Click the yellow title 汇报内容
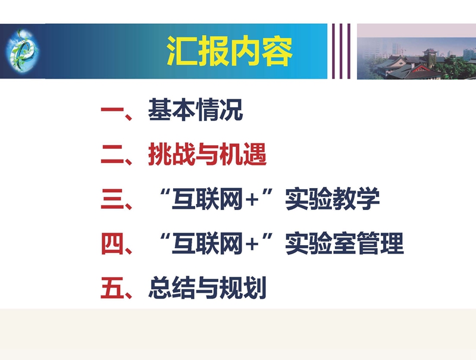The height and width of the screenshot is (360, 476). coord(230,51)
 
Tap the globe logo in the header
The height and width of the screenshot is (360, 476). coord(22,51)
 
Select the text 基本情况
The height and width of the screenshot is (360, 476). coord(195,109)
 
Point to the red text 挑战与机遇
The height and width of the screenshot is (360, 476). coord(207,155)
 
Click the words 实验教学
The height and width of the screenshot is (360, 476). coord(333,199)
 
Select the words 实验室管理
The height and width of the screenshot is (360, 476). coord(345,243)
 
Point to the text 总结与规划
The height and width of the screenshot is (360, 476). coord(207,288)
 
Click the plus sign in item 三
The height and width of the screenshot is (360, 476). coord(252,201)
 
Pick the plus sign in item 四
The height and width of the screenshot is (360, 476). coord(252,245)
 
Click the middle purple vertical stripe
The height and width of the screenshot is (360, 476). coord(341,51)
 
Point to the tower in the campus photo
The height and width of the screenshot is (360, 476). coord(430,55)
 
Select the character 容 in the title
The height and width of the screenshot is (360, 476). coord(277,51)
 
